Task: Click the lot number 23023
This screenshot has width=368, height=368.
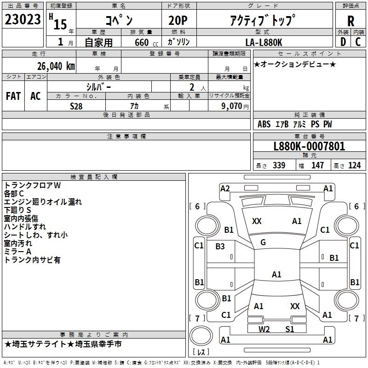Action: point(23,20)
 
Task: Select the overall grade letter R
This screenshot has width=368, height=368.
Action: point(351,21)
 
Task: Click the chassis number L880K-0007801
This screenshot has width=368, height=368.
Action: point(309,146)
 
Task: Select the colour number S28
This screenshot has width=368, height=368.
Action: point(77,105)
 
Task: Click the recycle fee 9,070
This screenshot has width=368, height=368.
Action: point(232,105)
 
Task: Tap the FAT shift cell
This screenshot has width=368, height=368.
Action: point(13,96)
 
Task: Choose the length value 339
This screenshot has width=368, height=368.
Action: point(279,165)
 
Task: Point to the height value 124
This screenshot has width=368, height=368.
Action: point(354,165)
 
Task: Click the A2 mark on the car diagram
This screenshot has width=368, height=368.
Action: point(225,189)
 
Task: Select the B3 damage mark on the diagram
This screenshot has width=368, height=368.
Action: point(220,247)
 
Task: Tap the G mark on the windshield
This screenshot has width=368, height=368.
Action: point(263,242)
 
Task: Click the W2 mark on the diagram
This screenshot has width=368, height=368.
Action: point(264,329)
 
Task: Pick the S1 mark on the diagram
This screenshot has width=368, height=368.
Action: point(289,329)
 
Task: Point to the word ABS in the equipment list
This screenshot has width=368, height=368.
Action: point(264,124)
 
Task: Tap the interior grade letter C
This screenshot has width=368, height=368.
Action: point(358,42)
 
